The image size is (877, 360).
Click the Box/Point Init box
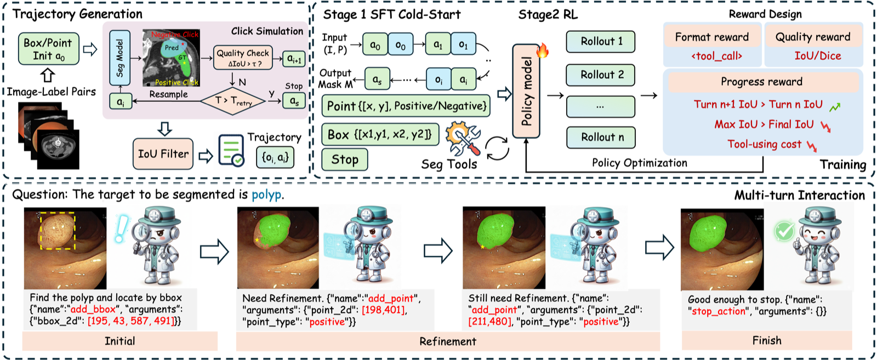click(49, 49)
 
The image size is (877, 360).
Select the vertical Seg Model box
click(120, 58)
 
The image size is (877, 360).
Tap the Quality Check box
click(243, 58)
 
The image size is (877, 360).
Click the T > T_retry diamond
click(233, 101)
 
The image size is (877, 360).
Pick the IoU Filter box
click(163, 154)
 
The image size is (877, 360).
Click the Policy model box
click(526, 91)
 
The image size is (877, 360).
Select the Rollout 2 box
click(601, 75)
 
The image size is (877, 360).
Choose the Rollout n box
click(601, 138)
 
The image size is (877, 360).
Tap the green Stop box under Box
click(345, 159)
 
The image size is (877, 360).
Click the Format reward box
click(712, 37)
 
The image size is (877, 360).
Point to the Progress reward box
click(761, 82)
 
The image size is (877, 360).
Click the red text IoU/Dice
click(817, 56)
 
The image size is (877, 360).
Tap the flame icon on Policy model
click(543, 50)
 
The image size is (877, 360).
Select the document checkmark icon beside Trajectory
click(231, 151)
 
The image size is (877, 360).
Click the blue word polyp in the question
click(266, 195)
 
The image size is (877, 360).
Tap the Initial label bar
click(120, 341)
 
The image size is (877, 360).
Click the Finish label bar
click(767, 340)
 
